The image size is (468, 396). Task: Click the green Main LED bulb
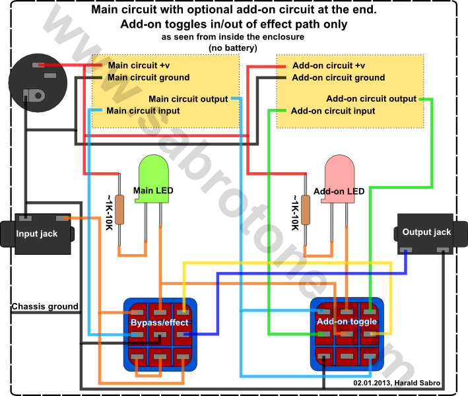coord(152,178)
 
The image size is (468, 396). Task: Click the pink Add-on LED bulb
coord(339,178)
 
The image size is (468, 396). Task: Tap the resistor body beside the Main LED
coord(119,209)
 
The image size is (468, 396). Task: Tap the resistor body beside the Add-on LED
coord(306,209)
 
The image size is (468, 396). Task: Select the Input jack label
coord(37,234)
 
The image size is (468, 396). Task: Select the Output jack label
coord(426,232)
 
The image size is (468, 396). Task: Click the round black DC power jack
coord(38,83)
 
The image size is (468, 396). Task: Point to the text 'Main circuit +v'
coord(139,65)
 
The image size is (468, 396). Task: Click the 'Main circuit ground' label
coord(149,78)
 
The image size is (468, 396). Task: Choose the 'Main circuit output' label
coord(188,99)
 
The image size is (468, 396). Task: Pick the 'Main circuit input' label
coord(143,111)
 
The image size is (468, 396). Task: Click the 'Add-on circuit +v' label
coord(329,65)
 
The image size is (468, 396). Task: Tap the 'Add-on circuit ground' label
coord(339,78)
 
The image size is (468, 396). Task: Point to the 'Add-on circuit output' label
coord(371,98)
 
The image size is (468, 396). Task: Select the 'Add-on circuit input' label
coord(333,111)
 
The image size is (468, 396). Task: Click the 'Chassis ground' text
coord(45,306)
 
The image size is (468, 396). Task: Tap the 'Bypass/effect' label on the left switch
coord(160,323)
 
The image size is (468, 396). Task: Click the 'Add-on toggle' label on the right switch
coord(347,321)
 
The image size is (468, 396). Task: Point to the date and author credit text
coord(397,383)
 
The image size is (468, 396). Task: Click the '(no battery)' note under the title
coord(233,48)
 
